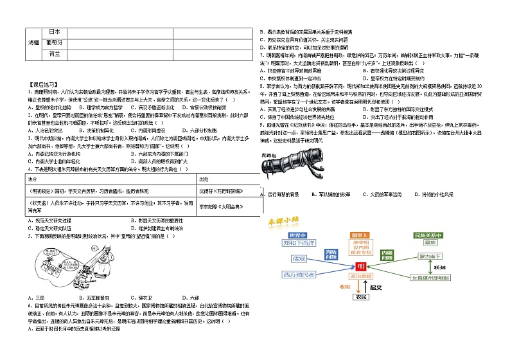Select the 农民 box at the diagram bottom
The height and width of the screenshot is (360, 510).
[360, 298]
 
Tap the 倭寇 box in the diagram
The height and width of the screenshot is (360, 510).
[298, 258]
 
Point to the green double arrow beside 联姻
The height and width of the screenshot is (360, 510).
[432, 266]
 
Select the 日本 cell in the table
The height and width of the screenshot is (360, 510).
[55, 32]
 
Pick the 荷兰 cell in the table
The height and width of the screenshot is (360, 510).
[55, 53]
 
